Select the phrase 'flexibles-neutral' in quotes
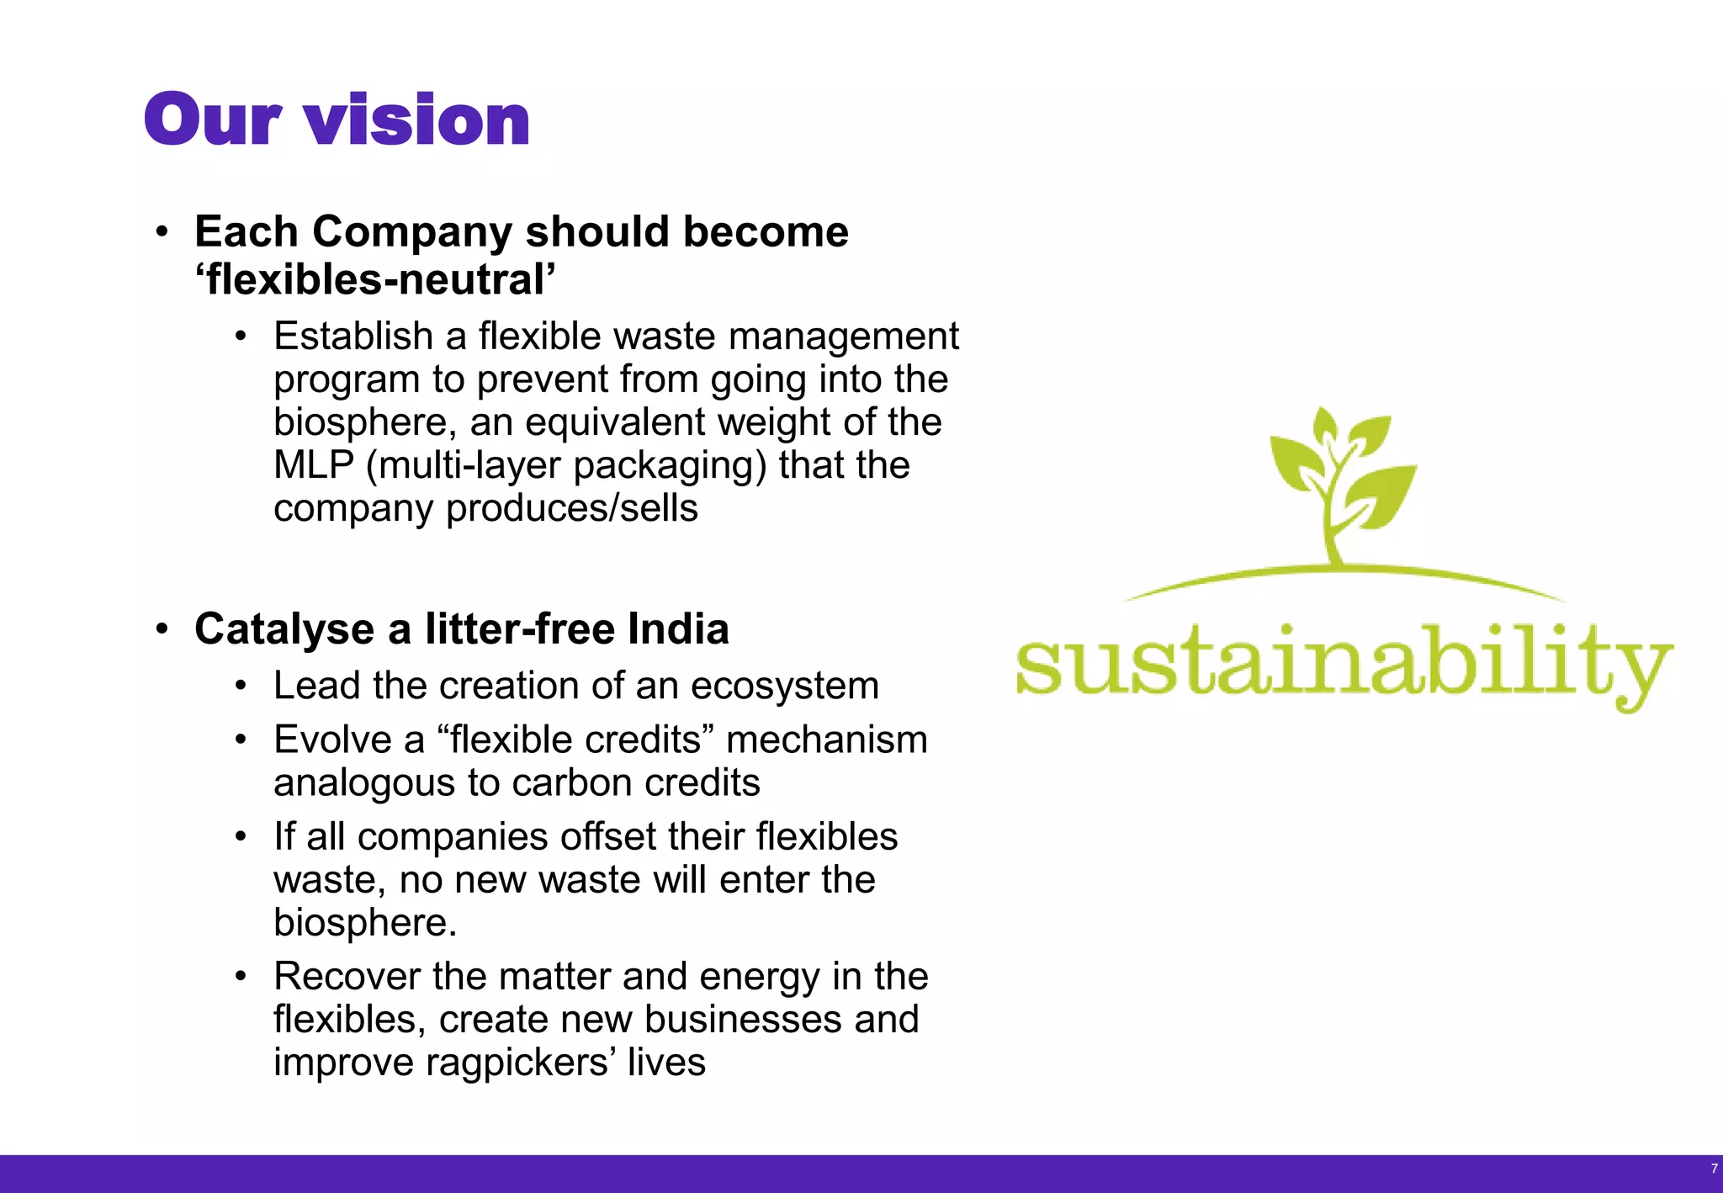pos(375,280)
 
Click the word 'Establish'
pos(353,337)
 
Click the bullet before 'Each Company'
pos(162,232)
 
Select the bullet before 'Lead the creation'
pos(241,687)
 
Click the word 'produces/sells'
pos(571,509)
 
